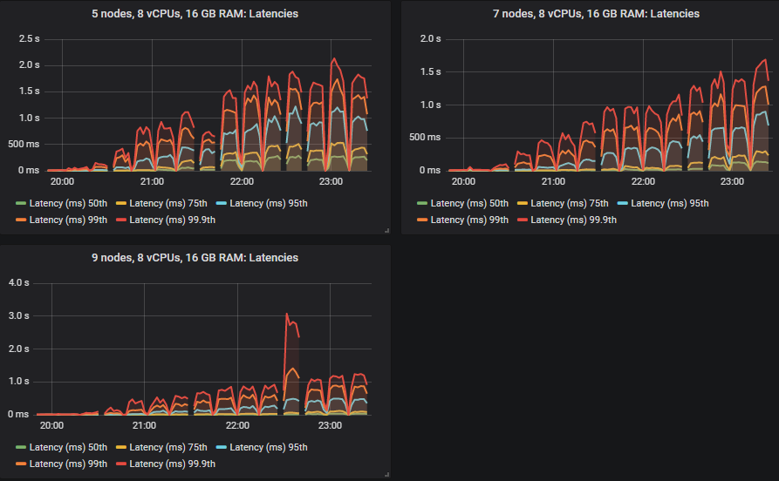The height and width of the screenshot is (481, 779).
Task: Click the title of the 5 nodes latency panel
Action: pyautogui.click(x=196, y=13)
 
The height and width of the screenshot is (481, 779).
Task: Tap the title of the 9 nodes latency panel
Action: pyautogui.click(x=196, y=258)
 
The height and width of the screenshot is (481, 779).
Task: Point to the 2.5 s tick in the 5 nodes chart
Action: pyautogui.click(x=30, y=38)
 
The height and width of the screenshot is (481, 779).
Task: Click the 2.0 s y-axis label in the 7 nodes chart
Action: pyautogui.click(x=429, y=38)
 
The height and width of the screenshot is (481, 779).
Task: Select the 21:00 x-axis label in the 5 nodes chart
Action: pyautogui.click(x=152, y=182)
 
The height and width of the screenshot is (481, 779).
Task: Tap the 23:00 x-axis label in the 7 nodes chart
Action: pyautogui.click(x=732, y=182)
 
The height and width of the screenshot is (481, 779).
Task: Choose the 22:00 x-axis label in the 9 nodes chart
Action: pyautogui.click(x=237, y=426)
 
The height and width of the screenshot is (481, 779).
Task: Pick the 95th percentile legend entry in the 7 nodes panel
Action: pyautogui.click(x=661, y=203)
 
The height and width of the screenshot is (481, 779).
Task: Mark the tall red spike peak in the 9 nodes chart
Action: pyautogui.click(x=287, y=314)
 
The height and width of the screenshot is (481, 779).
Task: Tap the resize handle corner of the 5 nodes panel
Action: pyautogui.click(x=386, y=229)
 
